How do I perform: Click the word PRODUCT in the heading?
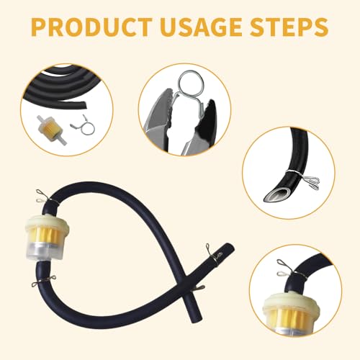89,29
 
